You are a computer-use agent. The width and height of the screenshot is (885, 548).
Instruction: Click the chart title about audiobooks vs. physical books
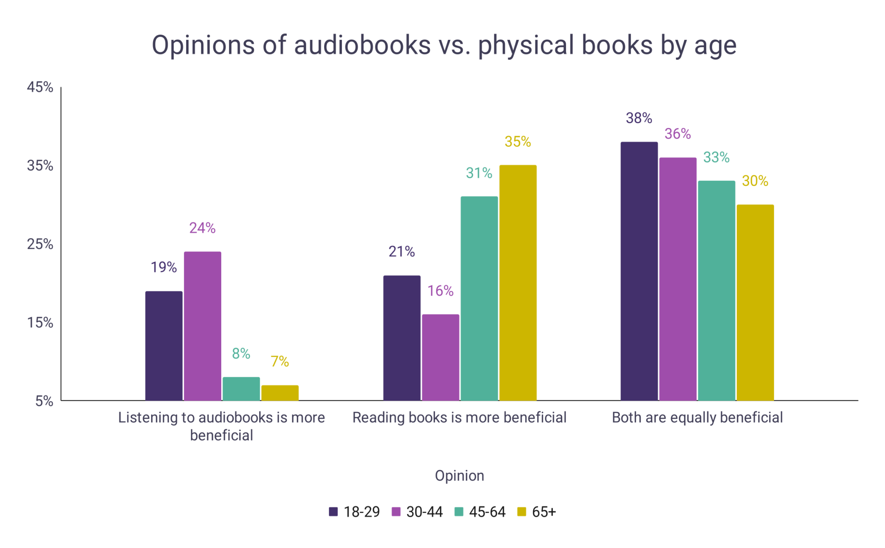coord(444,45)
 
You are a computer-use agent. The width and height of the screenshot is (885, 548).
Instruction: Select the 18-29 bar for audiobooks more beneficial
coord(164,346)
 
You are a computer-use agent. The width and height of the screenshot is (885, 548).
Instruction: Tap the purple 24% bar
coord(202,326)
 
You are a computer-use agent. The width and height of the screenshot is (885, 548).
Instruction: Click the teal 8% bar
coord(241,389)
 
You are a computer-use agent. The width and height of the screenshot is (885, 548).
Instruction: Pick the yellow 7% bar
coord(280,393)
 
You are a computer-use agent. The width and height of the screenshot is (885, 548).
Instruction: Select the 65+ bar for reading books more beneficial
coord(518,283)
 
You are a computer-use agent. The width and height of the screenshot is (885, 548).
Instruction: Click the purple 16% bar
coord(440,357)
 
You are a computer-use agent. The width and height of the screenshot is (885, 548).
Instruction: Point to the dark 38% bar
coord(639,271)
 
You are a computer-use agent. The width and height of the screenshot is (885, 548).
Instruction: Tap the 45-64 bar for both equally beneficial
coord(716,291)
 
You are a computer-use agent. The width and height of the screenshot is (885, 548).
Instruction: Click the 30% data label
coord(755,181)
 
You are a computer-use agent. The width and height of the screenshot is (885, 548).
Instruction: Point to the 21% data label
coord(401,252)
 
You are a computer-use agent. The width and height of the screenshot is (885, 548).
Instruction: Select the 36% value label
coord(678,134)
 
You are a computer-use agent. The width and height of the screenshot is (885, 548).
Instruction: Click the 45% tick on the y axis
coord(40,87)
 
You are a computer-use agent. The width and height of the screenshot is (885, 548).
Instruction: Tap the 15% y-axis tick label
coord(40,323)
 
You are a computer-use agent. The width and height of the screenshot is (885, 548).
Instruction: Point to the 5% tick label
coord(44,401)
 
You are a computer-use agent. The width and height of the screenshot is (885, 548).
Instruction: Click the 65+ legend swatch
coord(522,512)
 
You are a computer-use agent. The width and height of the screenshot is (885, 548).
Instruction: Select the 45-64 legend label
coord(487,512)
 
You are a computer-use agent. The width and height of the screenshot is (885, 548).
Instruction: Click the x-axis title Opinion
coord(459,476)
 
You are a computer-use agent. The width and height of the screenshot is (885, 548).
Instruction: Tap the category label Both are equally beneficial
coord(697,418)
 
